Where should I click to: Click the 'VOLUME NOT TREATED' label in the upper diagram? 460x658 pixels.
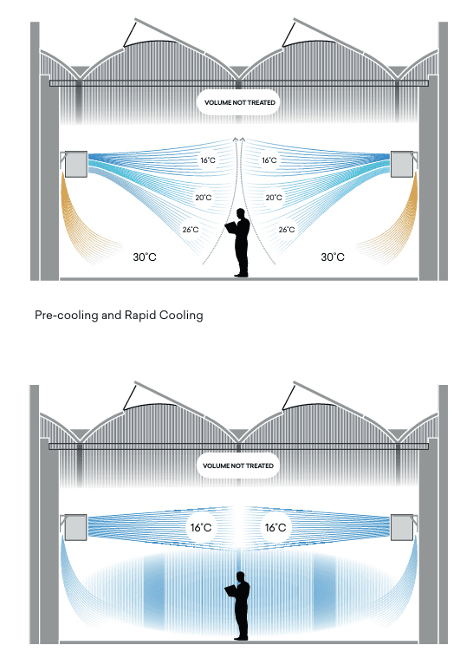(x=239, y=102)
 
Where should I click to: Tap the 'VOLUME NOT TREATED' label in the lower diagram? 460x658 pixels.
(x=237, y=466)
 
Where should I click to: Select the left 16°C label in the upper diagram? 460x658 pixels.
(x=208, y=160)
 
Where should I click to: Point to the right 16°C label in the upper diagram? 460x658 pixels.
(x=269, y=160)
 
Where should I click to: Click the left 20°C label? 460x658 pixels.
(x=204, y=198)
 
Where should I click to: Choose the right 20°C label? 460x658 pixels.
(x=274, y=198)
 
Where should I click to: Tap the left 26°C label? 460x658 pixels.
(x=191, y=230)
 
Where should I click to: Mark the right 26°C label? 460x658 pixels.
(x=287, y=230)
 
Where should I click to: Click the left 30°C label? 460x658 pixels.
(x=145, y=257)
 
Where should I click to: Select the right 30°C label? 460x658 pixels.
(x=333, y=257)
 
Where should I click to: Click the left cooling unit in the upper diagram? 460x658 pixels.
(x=76, y=164)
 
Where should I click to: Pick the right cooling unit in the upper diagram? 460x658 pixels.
(x=402, y=164)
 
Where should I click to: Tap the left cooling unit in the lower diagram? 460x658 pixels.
(x=76, y=527)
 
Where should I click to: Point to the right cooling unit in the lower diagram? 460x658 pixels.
(x=402, y=527)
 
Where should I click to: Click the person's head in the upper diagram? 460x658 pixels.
(x=241, y=212)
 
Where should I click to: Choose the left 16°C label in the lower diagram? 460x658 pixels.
(x=201, y=527)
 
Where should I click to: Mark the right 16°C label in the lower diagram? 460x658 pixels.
(x=275, y=527)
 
